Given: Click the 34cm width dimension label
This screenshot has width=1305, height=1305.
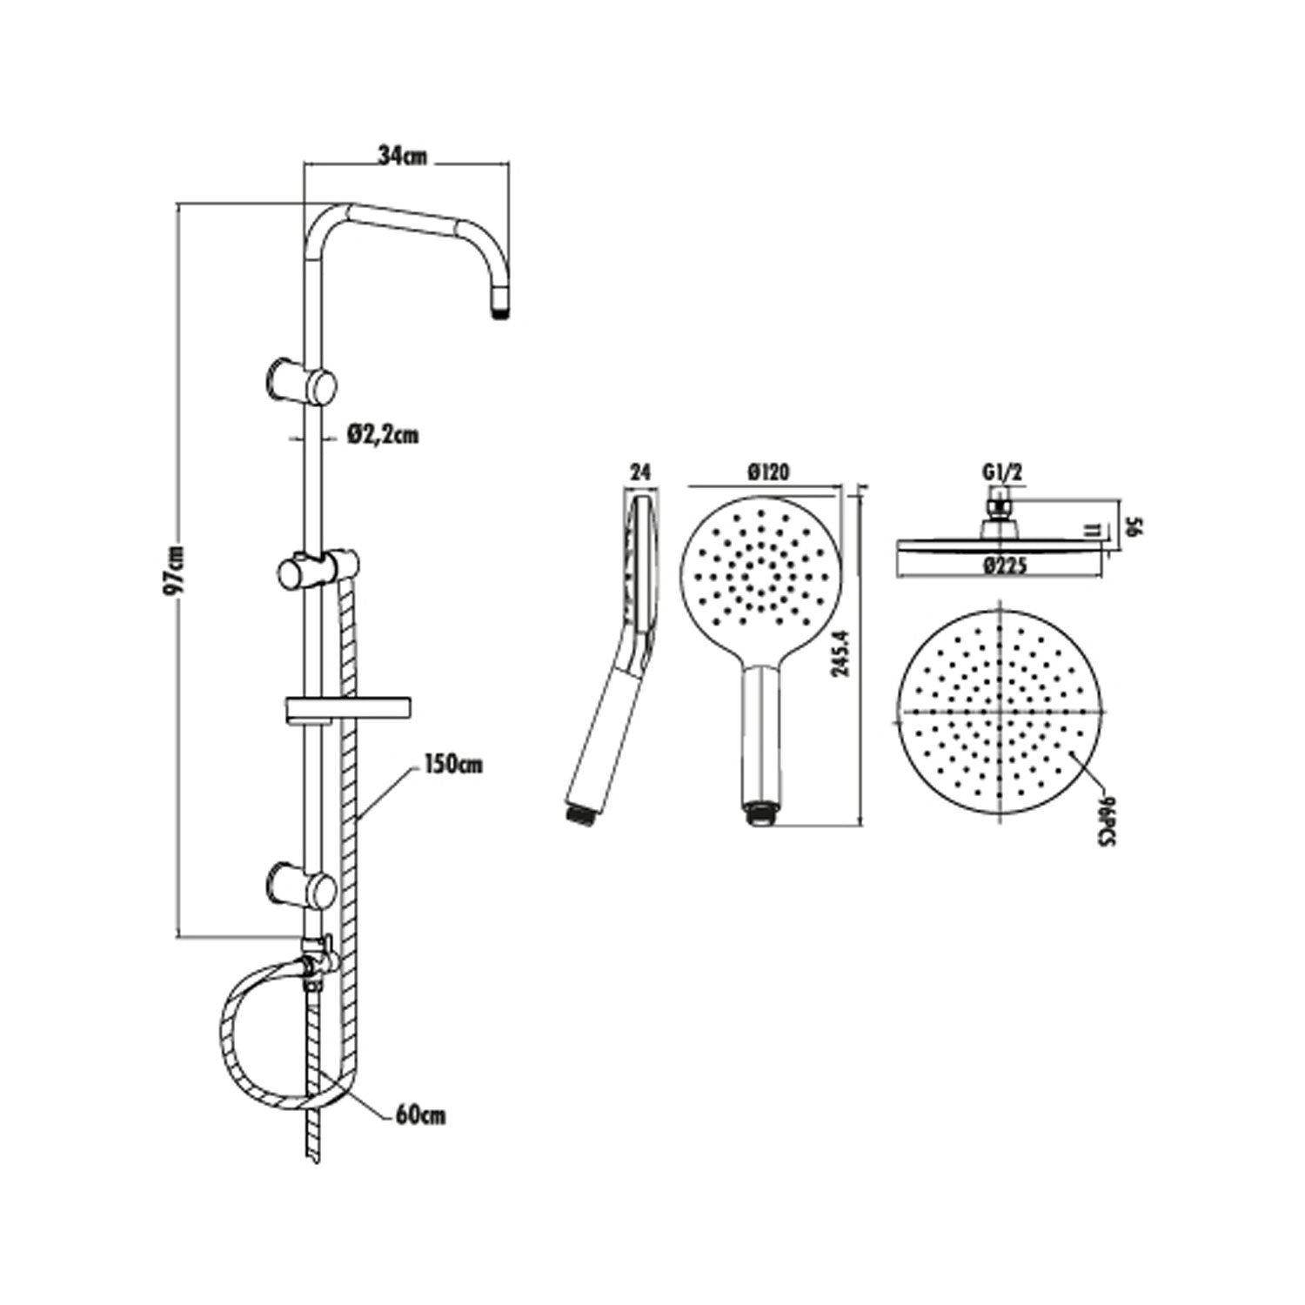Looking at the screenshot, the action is pos(404,157).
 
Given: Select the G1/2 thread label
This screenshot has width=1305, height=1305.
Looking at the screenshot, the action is pos(1001,472).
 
